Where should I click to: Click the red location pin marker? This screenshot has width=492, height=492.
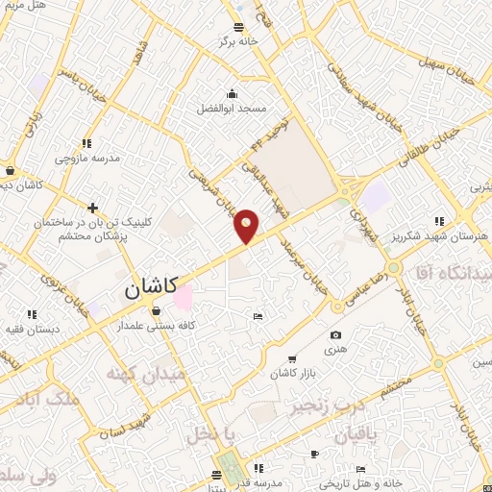pyautogui.click(x=247, y=226)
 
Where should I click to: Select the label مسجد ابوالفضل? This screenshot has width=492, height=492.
pyautogui.click(x=233, y=110)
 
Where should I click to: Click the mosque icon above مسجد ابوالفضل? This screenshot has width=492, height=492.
pyautogui.click(x=232, y=93)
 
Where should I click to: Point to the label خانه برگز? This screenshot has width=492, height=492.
pyautogui.click(x=239, y=42)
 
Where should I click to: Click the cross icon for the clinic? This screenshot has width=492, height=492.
pyautogui.click(x=93, y=208)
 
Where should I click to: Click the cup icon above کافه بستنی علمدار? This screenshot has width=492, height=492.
pyautogui.click(x=157, y=310)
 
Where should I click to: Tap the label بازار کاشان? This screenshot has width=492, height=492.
pyautogui.click(x=292, y=372)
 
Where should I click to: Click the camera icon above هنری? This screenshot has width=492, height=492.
pyautogui.click(x=335, y=334)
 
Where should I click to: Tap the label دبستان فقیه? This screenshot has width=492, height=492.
pyautogui.click(x=32, y=329)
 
